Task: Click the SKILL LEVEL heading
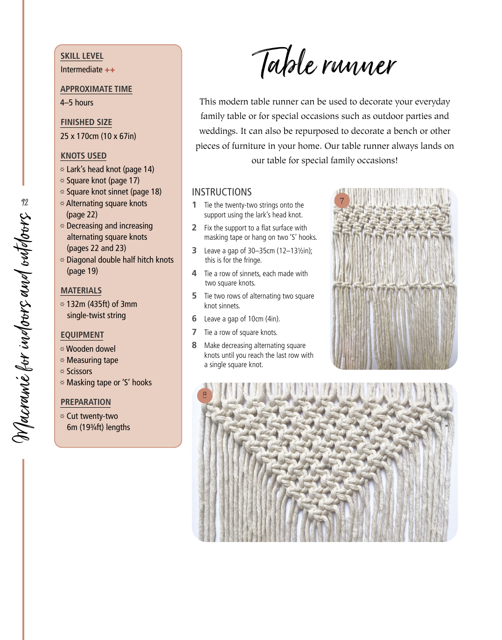pos(82,56)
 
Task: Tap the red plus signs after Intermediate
pos(110,70)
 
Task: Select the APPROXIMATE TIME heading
pos(96,89)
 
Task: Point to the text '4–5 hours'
pos(77,103)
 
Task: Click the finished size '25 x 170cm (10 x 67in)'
pos(98,136)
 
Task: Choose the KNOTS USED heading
pos(84,156)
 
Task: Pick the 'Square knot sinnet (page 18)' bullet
pos(113,192)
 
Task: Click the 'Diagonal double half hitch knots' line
pos(120,260)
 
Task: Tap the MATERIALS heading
pos(81,291)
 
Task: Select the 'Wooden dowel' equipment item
pos(91,349)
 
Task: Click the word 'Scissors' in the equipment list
pos(79,371)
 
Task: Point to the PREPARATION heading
pos(86,402)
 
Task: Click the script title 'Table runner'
pos(324,63)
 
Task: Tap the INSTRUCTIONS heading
pos(222,192)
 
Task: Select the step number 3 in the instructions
pos(195,250)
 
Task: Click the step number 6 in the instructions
pos(195,319)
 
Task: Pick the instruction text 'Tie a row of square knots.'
pos(240,333)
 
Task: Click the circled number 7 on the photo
pos(342,201)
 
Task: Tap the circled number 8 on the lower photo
pos(205,396)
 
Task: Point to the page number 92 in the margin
pos(25,202)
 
